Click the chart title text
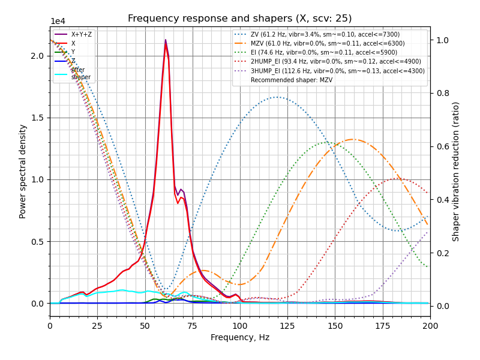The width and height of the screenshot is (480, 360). (240, 19)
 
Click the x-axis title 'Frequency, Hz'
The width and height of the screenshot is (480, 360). (240, 337)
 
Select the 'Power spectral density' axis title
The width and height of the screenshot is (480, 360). (23, 171)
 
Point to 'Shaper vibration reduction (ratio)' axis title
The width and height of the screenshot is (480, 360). (456, 171)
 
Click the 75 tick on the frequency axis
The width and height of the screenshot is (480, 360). (193, 325)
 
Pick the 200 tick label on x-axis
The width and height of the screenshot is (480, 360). (430, 325)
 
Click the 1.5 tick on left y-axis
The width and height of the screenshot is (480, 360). (37, 118)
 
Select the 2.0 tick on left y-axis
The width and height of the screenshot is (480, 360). (37, 56)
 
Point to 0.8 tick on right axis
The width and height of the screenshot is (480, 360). (440, 93)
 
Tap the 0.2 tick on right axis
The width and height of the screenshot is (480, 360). (440, 253)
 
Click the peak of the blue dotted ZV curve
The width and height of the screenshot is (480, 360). (277, 97)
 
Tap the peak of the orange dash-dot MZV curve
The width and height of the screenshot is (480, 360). (352, 139)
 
